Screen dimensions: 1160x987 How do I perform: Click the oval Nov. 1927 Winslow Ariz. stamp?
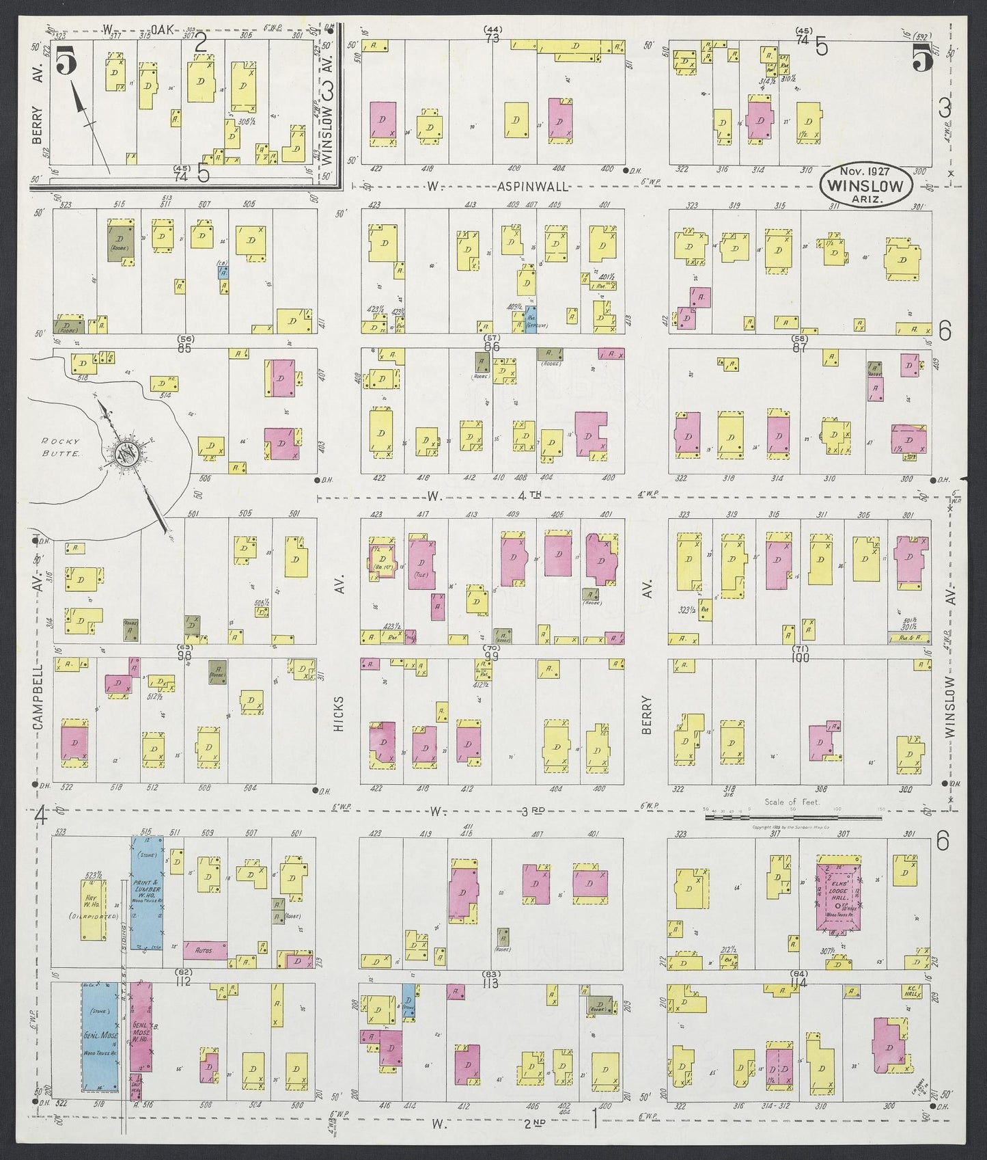pyautogui.click(x=865, y=185)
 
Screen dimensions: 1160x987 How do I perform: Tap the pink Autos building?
pyautogui.click(x=204, y=951)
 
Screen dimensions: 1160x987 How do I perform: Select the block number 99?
pyautogui.click(x=490, y=656)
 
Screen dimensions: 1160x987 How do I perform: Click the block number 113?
pyautogui.click(x=490, y=984)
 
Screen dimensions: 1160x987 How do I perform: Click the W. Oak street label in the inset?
pyautogui.click(x=147, y=29)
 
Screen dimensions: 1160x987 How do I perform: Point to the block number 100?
pyautogui.click(x=798, y=658)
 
